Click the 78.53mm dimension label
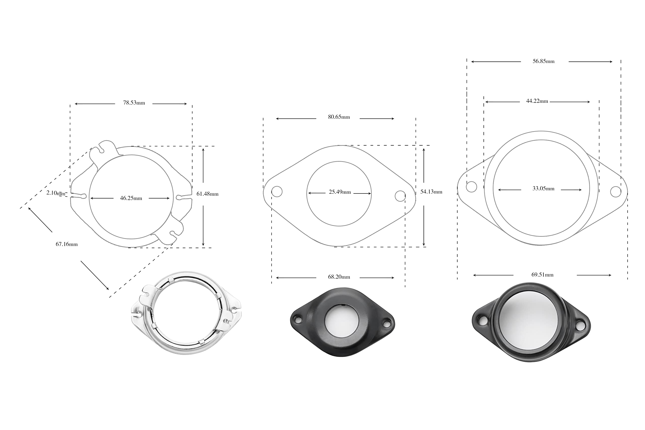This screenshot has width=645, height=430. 134,103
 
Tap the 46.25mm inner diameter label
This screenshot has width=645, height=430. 131,198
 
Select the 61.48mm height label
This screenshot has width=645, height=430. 207,194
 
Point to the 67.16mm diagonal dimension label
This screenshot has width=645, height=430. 67,244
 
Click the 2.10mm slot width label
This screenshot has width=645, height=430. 56,193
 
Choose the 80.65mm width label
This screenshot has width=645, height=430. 339,117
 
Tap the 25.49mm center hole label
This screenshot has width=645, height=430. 340,192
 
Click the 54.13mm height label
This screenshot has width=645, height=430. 431,192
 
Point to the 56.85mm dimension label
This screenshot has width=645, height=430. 543,61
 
